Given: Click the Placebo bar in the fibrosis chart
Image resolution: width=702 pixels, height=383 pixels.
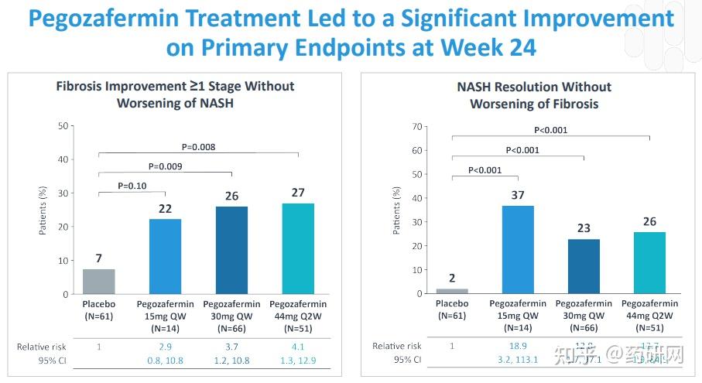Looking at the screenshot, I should [x=99, y=282].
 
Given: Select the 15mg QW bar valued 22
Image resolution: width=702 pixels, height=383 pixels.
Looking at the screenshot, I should [x=165, y=256].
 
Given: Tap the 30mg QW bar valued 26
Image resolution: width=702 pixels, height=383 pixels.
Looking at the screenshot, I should [x=231, y=250].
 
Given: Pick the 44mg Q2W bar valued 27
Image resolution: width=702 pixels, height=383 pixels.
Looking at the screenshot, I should [x=298, y=248].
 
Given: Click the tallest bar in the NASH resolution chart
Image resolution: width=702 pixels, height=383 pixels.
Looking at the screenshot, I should [x=518, y=249].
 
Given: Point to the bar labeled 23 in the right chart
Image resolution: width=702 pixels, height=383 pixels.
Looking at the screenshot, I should [x=584, y=266].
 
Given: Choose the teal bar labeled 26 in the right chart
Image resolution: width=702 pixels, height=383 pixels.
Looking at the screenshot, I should [x=649, y=262].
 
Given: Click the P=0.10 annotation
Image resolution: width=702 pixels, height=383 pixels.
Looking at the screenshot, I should [x=133, y=186].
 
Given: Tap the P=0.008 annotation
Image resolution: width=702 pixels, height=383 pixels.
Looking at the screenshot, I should [x=198, y=146].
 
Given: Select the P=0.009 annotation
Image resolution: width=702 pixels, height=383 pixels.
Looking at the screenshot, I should [x=165, y=166].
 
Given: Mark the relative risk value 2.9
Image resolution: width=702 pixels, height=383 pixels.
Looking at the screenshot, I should [x=165, y=347].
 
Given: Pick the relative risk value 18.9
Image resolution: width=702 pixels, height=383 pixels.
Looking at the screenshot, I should [x=518, y=346].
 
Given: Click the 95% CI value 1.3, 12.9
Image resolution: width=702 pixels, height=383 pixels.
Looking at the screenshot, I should [x=298, y=360].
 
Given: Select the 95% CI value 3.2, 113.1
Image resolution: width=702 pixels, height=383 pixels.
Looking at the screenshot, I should [x=518, y=360].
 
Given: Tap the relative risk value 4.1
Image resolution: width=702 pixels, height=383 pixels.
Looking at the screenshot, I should [x=298, y=347].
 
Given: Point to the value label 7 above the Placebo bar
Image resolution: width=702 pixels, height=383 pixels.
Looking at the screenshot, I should [x=99, y=258].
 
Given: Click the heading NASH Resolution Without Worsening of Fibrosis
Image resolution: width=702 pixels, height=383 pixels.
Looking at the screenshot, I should [x=533, y=95].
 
